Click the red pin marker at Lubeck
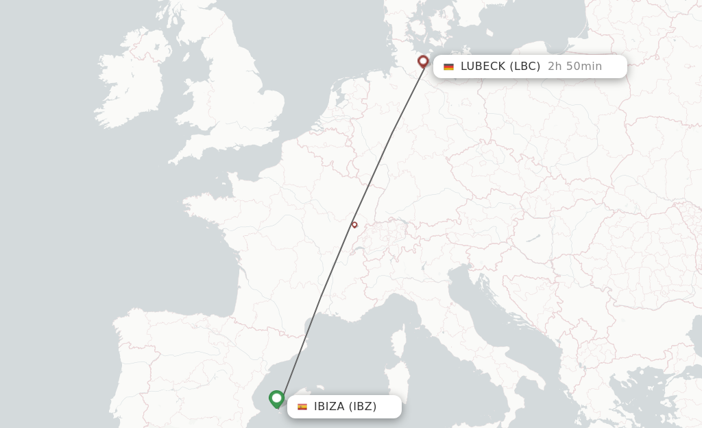pos(423,62)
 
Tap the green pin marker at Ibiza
pos(276,398)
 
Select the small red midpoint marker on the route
pos(354,224)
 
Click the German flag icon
pos(448,67)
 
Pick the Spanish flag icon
pos(302,407)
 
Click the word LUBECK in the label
pos(484,67)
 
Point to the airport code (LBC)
pos(526,67)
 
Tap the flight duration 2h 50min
pos(574,67)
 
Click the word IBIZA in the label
pos(329,407)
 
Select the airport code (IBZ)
pos(363,407)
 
